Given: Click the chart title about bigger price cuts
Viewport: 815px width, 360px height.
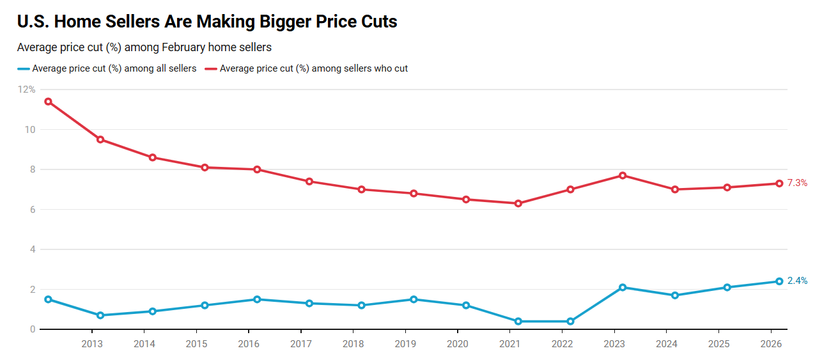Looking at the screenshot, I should point(207,22).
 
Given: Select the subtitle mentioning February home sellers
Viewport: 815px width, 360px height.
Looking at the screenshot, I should point(144,47).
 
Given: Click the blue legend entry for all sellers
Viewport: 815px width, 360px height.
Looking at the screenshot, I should point(107,68).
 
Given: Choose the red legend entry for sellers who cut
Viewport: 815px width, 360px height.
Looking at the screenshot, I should point(306,68).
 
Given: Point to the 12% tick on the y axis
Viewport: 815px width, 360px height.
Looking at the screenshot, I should point(27,90).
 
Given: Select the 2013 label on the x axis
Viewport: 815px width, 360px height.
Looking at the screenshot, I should point(92,344).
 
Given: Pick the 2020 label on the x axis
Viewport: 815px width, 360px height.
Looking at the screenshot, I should point(458,344).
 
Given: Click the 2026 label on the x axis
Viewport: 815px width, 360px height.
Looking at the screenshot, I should point(771,344).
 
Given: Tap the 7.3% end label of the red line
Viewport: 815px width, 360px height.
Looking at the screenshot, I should point(797,183).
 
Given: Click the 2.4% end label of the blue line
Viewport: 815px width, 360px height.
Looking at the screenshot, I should point(797,281).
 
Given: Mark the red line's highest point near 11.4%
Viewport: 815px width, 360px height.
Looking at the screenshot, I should point(48,102).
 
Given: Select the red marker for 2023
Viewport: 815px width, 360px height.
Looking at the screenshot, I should point(623,175).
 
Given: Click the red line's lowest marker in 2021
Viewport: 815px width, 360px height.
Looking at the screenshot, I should point(518,203).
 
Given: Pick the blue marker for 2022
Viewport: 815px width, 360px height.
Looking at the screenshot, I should point(570,321).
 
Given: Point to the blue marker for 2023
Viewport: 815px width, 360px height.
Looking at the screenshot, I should point(623,287).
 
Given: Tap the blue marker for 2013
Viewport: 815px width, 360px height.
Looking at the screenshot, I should point(100,315).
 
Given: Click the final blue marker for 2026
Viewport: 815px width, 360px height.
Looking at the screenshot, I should point(779,281).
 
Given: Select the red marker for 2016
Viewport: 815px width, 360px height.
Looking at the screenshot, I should point(257,169).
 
